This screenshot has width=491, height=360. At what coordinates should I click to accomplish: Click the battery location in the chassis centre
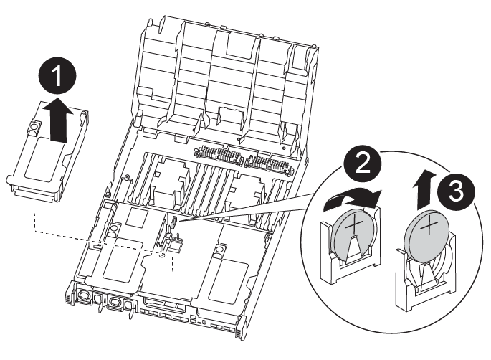(174, 227)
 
